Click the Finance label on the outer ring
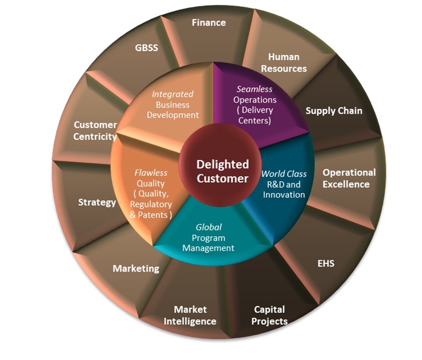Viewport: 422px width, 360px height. point(208,23)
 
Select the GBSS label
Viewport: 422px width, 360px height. point(146,48)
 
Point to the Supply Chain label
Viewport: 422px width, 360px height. point(334,111)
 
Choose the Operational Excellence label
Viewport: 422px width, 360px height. point(349,178)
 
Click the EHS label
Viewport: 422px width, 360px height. point(326,264)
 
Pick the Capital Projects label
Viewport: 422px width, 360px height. point(270,315)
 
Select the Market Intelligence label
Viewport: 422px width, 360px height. point(190,316)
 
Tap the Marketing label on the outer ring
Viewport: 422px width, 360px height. point(136,268)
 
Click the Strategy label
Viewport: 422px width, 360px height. point(97,202)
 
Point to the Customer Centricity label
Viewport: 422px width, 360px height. point(95,131)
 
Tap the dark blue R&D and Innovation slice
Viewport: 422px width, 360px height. point(284,184)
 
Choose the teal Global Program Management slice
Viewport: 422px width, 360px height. point(208,238)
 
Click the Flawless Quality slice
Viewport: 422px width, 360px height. point(150,194)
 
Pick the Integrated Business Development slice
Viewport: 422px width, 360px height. point(173,104)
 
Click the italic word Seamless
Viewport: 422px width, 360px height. point(255,89)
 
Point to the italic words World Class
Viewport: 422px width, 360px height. point(284,174)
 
